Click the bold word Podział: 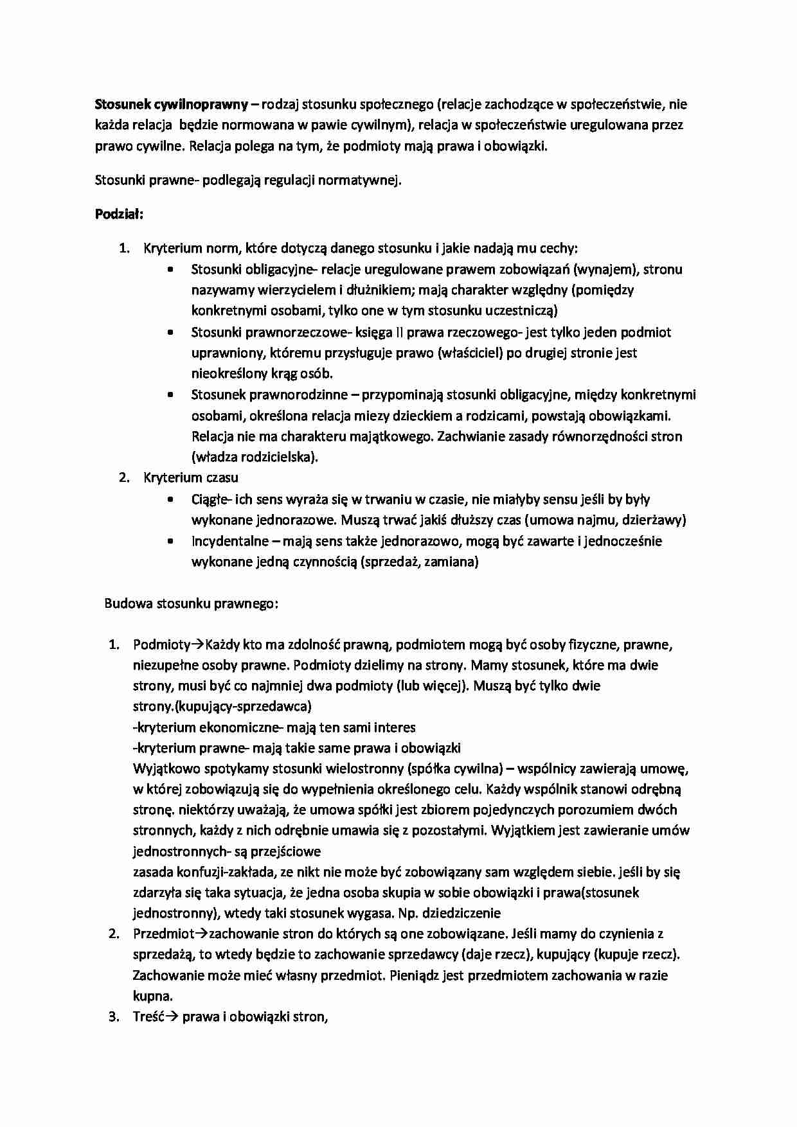(x=119, y=214)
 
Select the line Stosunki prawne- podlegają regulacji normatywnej (x=248, y=180)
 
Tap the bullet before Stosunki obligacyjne (x=170, y=271)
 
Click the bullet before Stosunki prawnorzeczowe (x=170, y=333)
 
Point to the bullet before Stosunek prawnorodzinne (x=170, y=395)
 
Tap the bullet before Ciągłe (x=170, y=500)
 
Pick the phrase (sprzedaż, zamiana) (x=419, y=562)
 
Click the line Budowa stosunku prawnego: (x=192, y=603)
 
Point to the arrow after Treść (x=173, y=1017)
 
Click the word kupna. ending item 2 (x=152, y=997)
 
